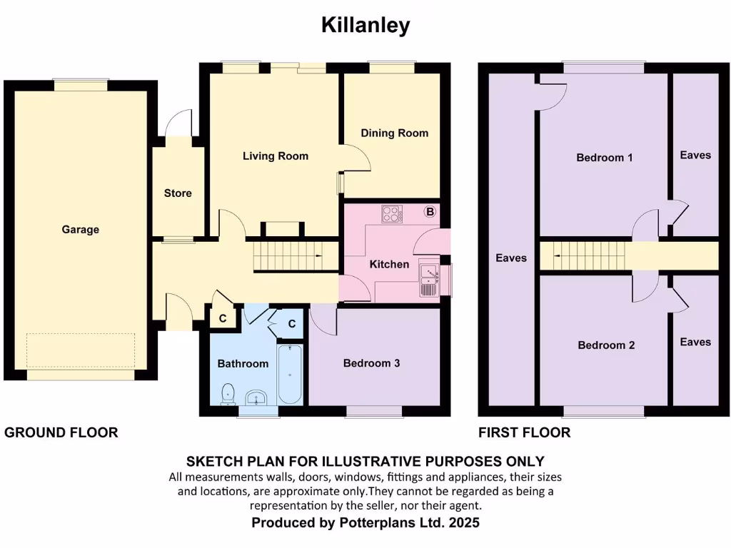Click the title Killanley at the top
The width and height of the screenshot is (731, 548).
365,25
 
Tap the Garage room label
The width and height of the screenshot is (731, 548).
80,230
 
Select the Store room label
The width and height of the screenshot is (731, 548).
178,193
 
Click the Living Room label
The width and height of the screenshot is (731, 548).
276,156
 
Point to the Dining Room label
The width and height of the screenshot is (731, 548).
394,133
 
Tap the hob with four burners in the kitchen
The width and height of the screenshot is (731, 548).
391,213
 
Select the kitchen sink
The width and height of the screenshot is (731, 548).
429,279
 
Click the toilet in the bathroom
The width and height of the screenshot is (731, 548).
228,393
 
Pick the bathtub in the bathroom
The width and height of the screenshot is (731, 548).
291,375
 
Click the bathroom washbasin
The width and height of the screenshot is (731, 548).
256,397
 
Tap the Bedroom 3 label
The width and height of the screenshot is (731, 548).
371,363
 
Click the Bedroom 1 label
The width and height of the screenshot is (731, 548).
604,158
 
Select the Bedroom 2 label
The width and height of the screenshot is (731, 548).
606,345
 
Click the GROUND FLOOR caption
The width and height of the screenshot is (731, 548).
61,432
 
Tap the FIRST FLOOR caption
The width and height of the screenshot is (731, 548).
525,432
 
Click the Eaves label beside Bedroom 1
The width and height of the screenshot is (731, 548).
695,155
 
